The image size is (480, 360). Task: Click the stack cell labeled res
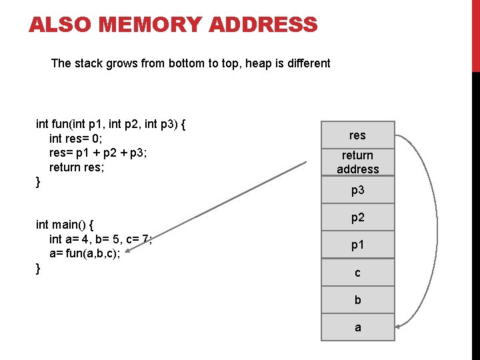click(x=357, y=135)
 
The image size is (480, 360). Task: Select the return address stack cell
click(x=357, y=163)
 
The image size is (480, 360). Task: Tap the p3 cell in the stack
click(x=357, y=191)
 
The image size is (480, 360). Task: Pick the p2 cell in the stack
click(x=357, y=218)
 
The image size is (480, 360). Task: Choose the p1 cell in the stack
click(x=357, y=245)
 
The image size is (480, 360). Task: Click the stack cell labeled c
click(x=357, y=273)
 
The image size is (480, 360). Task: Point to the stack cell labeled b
click(x=357, y=300)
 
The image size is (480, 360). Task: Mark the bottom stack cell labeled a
click(x=357, y=327)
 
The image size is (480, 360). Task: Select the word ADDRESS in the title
click(x=263, y=25)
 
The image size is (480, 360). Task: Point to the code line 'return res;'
click(x=77, y=167)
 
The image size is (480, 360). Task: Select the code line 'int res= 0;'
click(x=75, y=139)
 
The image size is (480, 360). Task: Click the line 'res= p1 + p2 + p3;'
click(x=98, y=153)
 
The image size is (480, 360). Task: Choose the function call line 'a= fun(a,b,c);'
click(x=85, y=254)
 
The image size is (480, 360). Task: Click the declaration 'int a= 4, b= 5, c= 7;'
click(x=101, y=239)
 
